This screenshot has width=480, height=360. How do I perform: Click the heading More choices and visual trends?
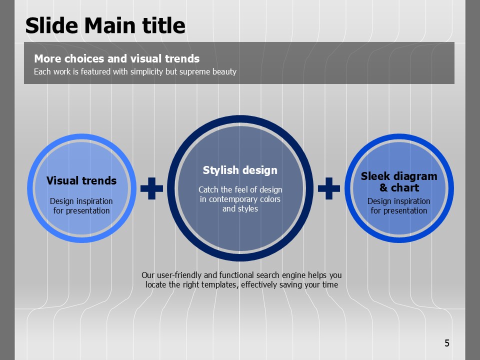click(116, 58)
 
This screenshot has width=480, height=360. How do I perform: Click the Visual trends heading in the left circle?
click(81, 180)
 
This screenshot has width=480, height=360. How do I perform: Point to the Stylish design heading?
click(240, 170)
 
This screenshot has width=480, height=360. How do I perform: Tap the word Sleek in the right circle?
click(373, 176)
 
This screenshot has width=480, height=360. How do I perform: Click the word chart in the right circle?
click(405, 187)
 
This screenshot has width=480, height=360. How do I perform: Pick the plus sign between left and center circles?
click(151, 188)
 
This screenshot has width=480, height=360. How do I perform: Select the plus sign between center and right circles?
click(329, 188)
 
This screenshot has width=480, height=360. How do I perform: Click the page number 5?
click(447, 343)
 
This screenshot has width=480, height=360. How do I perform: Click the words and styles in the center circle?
click(240, 209)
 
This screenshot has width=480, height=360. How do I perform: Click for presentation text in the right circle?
click(399, 210)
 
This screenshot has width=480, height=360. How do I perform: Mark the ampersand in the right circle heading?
click(383, 187)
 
